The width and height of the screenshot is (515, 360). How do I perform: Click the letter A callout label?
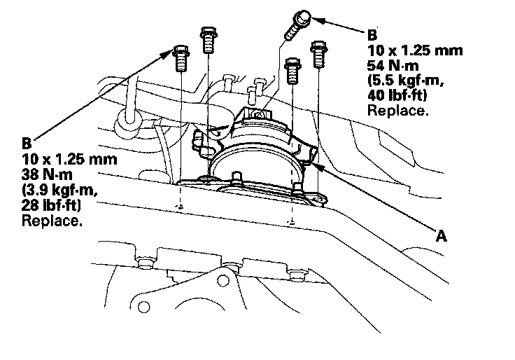(x=442, y=236)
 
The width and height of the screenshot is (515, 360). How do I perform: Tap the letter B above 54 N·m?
(x=372, y=35)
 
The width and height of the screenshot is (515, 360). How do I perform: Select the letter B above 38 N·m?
(x=27, y=144)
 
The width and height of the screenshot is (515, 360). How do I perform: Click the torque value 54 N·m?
(x=393, y=66)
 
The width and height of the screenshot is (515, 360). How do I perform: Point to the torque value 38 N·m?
(x=47, y=174)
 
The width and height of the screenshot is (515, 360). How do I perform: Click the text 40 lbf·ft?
(x=397, y=95)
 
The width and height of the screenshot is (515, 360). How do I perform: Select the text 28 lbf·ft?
(x=51, y=205)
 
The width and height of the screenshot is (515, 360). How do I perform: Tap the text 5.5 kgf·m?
(x=405, y=81)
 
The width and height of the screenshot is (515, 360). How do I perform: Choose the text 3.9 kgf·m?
(x=59, y=191)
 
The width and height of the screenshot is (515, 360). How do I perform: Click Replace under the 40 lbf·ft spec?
(x=397, y=111)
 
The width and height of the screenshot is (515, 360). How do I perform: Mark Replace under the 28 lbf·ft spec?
(x=52, y=221)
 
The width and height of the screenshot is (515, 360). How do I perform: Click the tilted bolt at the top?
(x=297, y=25)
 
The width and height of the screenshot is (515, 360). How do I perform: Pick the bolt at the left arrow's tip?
(x=181, y=58)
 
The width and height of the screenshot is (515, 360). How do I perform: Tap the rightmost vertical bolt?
(x=318, y=54)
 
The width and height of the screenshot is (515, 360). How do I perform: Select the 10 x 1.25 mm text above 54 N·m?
(x=415, y=50)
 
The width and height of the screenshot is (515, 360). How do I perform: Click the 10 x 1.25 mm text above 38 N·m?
(x=69, y=160)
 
